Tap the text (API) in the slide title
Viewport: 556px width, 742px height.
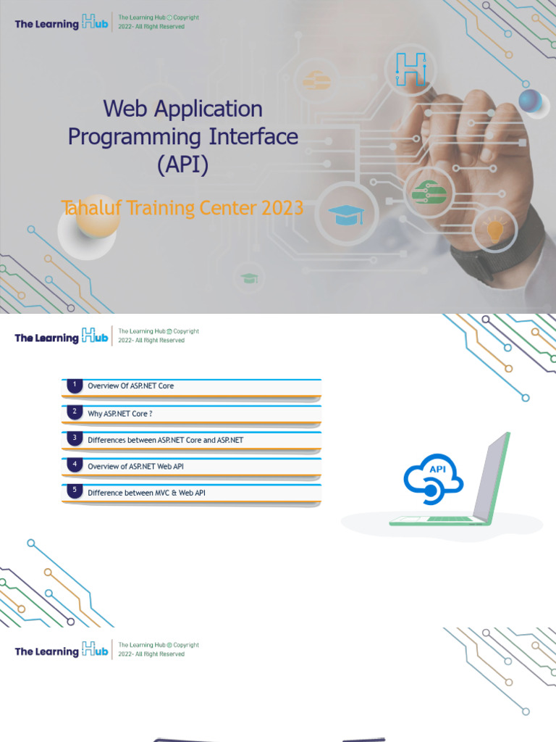coord(182,164)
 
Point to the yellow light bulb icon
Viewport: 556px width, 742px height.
coord(495,230)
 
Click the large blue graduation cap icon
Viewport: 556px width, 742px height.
coord(346,214)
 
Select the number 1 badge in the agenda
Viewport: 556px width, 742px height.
coord(75,385)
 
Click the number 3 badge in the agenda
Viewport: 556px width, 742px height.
coord(75,439)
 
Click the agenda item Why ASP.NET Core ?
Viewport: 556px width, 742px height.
coord(120,413)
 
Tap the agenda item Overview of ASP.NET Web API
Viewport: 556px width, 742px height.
coord(135,466)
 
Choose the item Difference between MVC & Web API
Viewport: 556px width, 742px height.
coord(146,493)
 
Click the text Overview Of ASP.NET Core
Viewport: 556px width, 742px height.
coord(130,386)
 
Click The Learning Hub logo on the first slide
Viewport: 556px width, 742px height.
coord(62,23)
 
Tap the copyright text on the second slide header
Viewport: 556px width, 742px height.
coord(158,335)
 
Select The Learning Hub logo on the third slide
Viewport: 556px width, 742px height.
coord(62,650)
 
